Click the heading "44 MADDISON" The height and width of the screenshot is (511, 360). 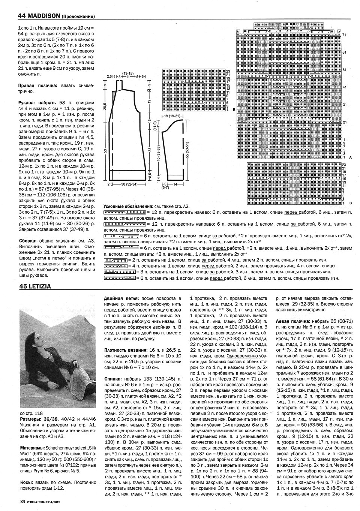pos(39,16)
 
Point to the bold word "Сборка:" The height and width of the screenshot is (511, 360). pos(27,241)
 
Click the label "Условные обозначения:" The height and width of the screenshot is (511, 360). pos(127,207)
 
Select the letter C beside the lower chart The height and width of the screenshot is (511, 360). pos(349,203)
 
